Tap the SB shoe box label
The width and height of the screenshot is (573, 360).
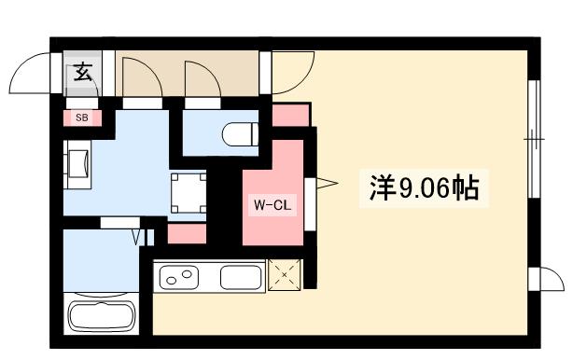(x=82, y=118)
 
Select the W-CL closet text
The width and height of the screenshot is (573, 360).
(x=272, y=204)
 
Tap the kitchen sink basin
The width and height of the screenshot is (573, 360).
(x=241, y=277)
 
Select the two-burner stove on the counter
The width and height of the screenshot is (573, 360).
(x=180, y=277)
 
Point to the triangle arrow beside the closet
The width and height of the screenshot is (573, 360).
(x=325, y=186)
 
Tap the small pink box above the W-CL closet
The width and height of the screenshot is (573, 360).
(x=290, y=116)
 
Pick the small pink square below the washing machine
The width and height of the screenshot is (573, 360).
(x=187, y=233)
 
